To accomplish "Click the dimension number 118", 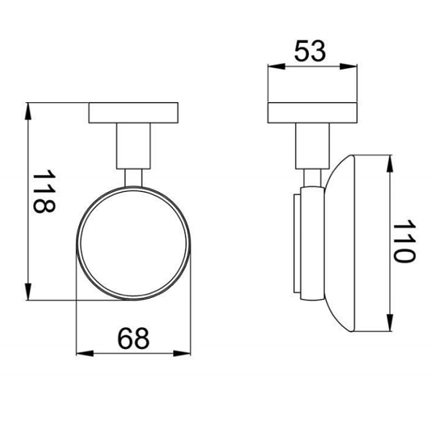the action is [x=44, y=191].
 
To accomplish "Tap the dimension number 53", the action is [x=310, y=51].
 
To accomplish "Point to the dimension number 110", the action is [x=404, y=241].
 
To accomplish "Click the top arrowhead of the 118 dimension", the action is [x=28, y=111].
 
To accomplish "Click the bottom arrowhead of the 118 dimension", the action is [x=28, y=291].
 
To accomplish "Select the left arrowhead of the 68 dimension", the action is [x=85, y=353].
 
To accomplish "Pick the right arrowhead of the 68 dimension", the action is [x=182, y=353].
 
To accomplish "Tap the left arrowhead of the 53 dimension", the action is [x=277, y=66].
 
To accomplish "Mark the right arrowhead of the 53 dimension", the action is [x=348, y=66].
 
